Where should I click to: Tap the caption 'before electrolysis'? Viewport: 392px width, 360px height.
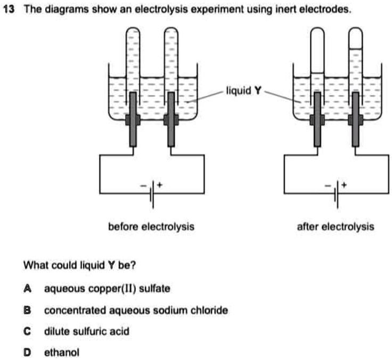pyautogui.click(x=151, y=226)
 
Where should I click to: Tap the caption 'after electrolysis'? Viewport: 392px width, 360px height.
pyautogui.click(x=336, y=226)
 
